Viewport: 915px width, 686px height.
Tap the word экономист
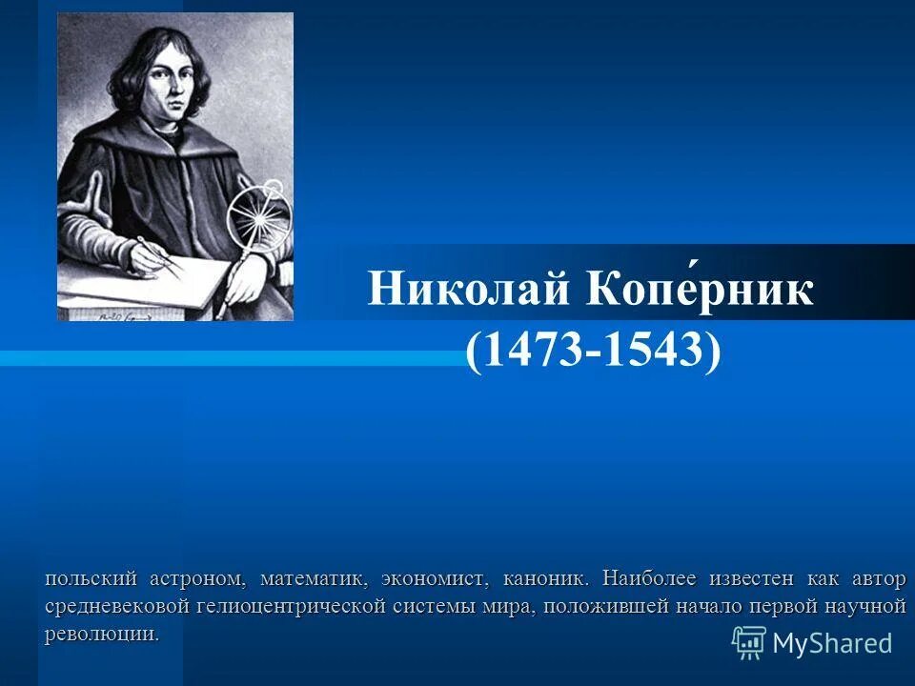pyautogui.click(x=434, y=578)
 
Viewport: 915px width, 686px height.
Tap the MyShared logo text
pyautogui.click(x=832, y=643)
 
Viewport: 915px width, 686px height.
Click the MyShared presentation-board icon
pyautogui.click(x=749, y=643)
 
